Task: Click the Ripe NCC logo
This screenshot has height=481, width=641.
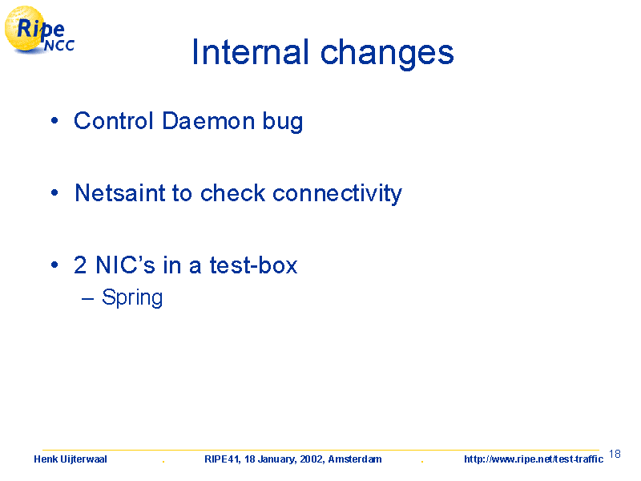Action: [39, 30]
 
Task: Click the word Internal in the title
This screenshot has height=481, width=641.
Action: [250, 52]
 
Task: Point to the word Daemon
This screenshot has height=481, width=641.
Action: [208, 121]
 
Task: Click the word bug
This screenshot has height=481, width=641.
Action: [283, 123]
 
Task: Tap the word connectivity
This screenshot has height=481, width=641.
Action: [337, 194]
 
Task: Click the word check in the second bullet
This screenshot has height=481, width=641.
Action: [232, 193]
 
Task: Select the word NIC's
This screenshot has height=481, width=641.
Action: [125, 265]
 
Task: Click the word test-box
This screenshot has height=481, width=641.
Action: [253, 265]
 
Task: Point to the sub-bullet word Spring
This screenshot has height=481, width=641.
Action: [132, 298]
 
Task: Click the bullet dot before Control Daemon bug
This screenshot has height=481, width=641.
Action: [54, 121]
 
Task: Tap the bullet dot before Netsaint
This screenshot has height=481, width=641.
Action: [54, 192]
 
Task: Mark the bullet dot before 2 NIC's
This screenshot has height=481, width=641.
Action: [54, 265]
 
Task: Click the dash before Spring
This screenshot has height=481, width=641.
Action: [87, 299]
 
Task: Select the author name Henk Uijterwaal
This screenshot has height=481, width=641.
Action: [71, 459]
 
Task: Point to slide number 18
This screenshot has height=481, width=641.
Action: [615, 454]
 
